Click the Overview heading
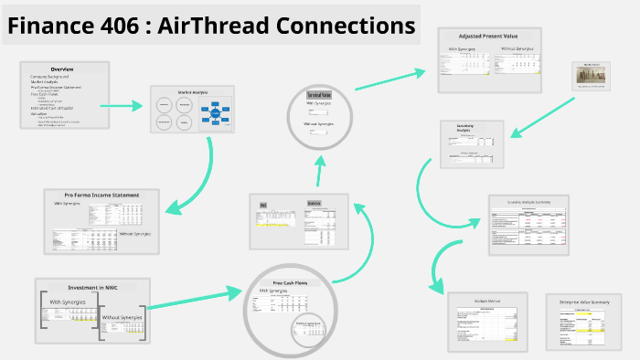[x=63, y=69]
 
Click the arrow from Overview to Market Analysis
[x=120, y=106]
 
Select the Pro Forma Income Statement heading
[x=101, y=195]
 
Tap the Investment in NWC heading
[x=91, y=287]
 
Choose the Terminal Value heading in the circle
[x=318, y=95]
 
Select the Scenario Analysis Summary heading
[x=528, y=201]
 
